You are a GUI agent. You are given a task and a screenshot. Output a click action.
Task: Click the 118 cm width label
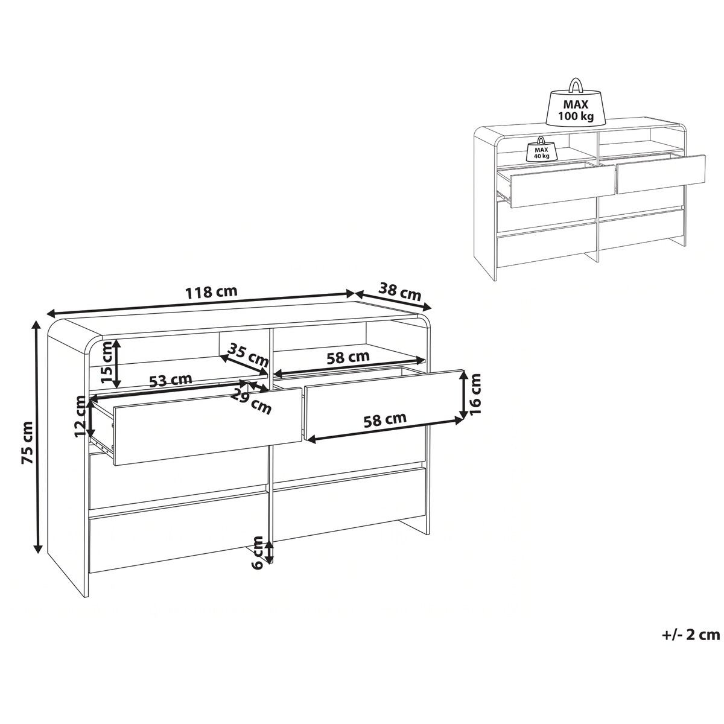point(212,291)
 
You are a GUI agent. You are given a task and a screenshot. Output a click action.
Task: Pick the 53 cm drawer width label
point(171,380)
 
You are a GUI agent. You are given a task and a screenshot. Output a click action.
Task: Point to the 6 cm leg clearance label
point(258,558)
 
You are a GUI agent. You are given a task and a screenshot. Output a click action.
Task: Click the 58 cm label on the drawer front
point(385,419)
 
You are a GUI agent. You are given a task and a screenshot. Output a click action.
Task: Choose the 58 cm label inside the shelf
point(348,357)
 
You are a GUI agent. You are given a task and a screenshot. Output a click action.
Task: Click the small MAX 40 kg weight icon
point(539,149)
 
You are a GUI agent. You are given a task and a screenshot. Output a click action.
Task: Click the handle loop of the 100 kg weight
point(575,85)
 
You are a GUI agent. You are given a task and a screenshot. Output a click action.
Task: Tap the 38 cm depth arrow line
point(393,301)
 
